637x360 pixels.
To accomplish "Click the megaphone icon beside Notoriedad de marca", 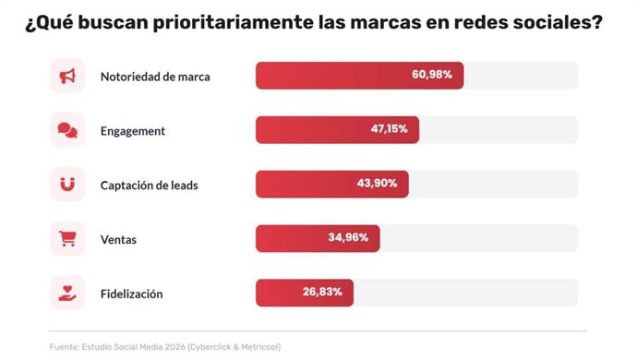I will [x=67, y=77].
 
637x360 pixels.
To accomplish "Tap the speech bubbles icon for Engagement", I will [x=67, y=130].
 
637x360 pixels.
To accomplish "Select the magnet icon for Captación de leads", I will [x=67, y=185].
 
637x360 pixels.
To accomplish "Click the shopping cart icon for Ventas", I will [x=67, y=238].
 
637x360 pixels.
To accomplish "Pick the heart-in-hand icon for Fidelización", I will [x=67, y=293].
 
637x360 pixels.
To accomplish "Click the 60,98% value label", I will [x=431, y=75].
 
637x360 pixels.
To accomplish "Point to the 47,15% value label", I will [x=395, y=129].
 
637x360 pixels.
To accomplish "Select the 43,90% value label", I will [x=377, y=184].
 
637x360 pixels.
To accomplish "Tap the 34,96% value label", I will [x=348, y=237].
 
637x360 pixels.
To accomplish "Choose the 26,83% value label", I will [x=322, y=292].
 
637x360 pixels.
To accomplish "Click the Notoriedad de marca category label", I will [x=155, y=77].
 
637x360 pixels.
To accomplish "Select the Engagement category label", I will [x=133, y=131].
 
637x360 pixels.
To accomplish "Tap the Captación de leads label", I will [x=149, y=185].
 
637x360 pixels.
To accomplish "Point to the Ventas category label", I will [x=118, y=239].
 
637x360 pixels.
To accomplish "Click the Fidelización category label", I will [x=131, y=294].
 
